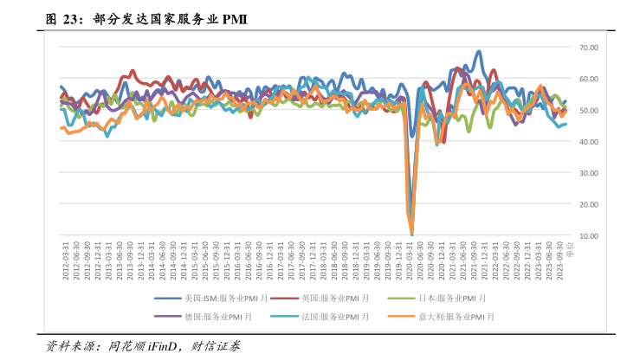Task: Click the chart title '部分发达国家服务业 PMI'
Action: pyautogui.click(x=165, y=18)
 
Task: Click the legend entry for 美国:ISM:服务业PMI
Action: pyautogui.click(x=217, y=298)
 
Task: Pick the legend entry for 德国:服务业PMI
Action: pyautogui.click(x=217, y=316)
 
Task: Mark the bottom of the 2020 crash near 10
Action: pyautogui.click(x=411, y=234)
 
